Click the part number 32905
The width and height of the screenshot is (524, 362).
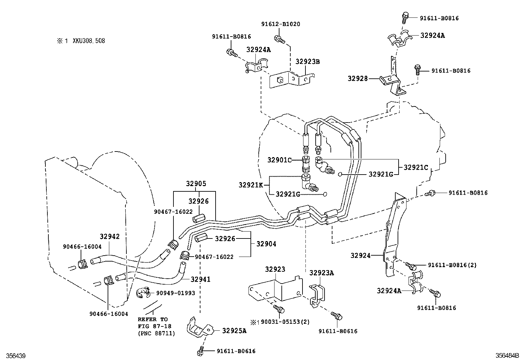coord(196,184)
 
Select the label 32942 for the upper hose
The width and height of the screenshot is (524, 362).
coord(110,237)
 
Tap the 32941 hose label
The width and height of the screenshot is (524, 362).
coord(200,279)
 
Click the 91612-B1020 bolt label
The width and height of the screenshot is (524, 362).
coord(280,24)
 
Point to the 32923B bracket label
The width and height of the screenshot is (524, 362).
coord(308,62)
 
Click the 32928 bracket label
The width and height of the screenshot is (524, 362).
coord(357,78)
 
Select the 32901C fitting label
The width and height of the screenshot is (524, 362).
coord(279,160)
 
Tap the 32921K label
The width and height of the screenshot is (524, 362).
coord(251,185)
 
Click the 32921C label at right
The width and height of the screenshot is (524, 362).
coord(416,167)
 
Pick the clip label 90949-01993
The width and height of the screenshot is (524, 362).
coord(175,293)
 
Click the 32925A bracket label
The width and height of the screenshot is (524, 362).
coord(234,330)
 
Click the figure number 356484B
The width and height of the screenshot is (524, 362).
coord(507,356)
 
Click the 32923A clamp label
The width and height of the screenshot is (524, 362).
coord(322,273)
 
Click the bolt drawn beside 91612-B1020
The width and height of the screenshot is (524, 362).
coord(279,39)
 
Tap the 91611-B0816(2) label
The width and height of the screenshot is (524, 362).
coord(452,265)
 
